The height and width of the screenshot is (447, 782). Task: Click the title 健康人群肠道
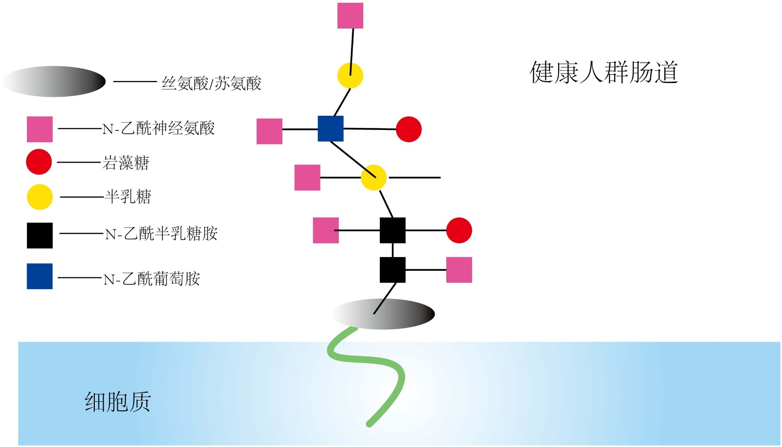pos(604,72)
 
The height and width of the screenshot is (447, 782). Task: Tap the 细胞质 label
pos(117,402)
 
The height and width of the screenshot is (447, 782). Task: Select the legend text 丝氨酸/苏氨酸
pos(211,84)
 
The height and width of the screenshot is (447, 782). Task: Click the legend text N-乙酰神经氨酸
pos(158,128)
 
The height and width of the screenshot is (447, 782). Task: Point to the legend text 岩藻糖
pos(126,163)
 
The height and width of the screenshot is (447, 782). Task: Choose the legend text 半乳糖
pos(128,197)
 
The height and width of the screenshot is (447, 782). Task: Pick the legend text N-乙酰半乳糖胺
pos(161,234)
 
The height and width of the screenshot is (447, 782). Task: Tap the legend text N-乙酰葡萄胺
pos(152,279)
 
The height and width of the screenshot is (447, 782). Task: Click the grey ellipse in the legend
pos(54,82)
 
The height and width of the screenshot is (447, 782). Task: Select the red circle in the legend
pos(39,162)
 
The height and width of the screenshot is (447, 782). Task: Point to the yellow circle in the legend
pos(40,197)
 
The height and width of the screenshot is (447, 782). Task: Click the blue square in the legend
pos(40,277)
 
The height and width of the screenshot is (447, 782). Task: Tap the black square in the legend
pos(40,235)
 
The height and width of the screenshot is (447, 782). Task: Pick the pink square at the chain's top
pos(350,16)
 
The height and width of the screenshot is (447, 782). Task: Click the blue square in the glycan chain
pos(330,128)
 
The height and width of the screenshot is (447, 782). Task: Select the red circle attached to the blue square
pos(409,129)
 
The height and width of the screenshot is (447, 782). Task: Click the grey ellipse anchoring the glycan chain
pos(384,314)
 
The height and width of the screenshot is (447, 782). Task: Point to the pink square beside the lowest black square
pos(459,270)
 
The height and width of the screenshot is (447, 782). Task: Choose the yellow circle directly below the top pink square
pos(350,76)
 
